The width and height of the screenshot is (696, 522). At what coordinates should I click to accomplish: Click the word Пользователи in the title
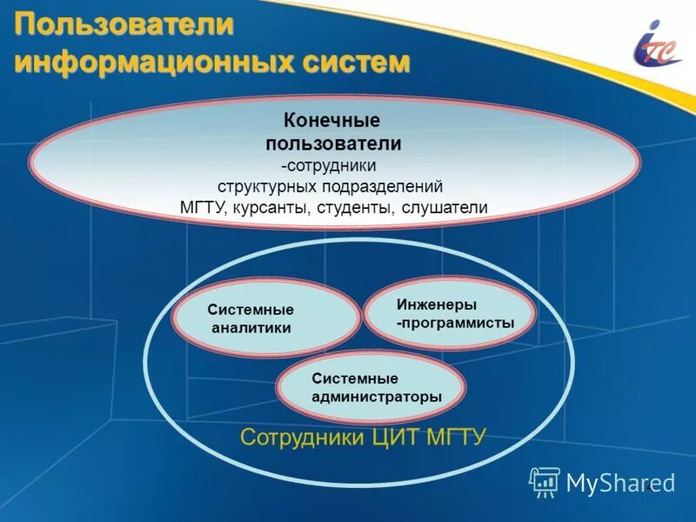click(124, 23)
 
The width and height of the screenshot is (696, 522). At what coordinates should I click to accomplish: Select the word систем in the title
click(355, 62)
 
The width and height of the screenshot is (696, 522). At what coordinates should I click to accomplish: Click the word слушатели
click(445, 208)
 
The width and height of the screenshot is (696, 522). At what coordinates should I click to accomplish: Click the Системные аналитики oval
click(266, 318)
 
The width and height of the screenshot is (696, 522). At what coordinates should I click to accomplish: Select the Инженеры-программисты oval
click(449, 313)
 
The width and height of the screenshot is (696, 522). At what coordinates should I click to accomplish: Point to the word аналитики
click(251, 328)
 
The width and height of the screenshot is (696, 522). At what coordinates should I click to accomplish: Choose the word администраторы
click(376, 397)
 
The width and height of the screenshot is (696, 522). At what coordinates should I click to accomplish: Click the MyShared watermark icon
click(545, 481)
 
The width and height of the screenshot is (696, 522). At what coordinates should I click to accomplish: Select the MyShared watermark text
click(620, 482)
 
